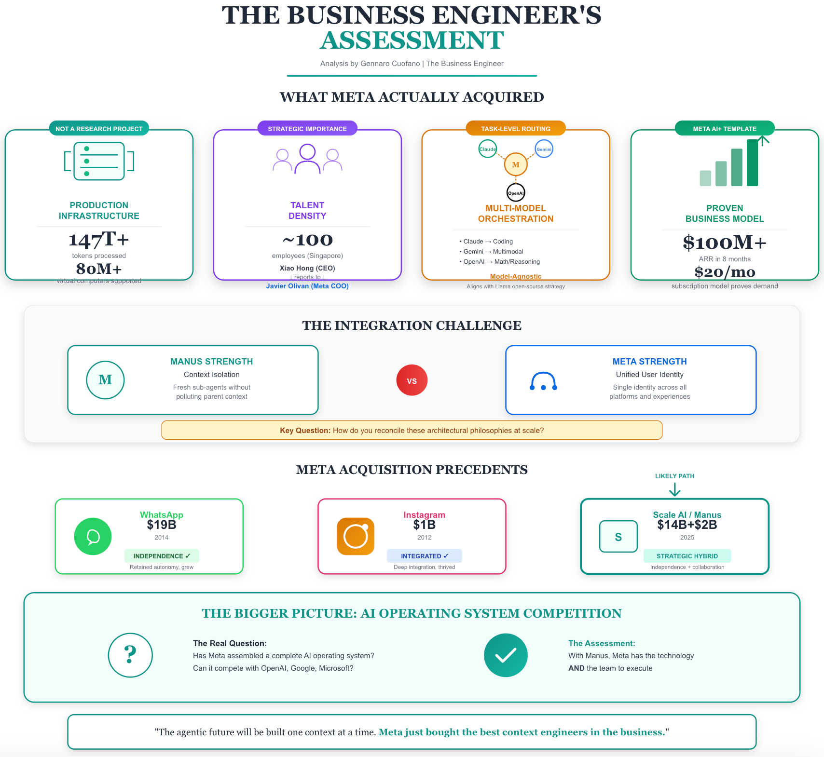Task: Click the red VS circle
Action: pyautogui.click(x=412, y=380)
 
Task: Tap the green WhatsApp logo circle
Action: pyautogui.click(x=93, y=536)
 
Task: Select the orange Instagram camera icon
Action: pyautogui.click(x=356, y=536)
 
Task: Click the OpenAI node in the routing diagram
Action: pyautogui.click(x=516, y=193)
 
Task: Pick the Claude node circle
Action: pyautogui.click(x=487, y=149)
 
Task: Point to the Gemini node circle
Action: pyautogui.click(x=544, y=149)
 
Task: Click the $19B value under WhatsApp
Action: pyautogui.click(x=162, y=525)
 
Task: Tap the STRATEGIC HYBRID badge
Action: pyautogui.click(x=687, y=556)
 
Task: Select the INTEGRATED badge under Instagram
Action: pyautogui.click(x=424, y=556)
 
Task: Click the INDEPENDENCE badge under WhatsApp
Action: pyautogui.click(x=162, y=556)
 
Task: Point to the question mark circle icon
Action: pyautogui.click(x=130, y=655)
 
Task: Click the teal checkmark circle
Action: pyautogui.click(x=506, y=655)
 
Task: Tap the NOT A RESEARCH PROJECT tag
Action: pyautogui.click(x=99, y=129)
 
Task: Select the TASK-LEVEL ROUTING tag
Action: pyautogui.click(x=515, y=129)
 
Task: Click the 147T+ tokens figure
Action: pyautogui.click(x=99, y=240)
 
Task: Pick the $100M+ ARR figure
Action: pyautogui.click(x=724, y=243)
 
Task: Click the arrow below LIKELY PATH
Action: pyautogui.click(x=674, y=490)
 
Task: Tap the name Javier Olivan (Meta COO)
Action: pyautogui.click(x=307, y=286)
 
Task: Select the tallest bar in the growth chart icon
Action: pyautogui.click(x=752, y=163)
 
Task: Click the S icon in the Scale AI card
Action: pyautogui.click(x=618, y=537)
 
